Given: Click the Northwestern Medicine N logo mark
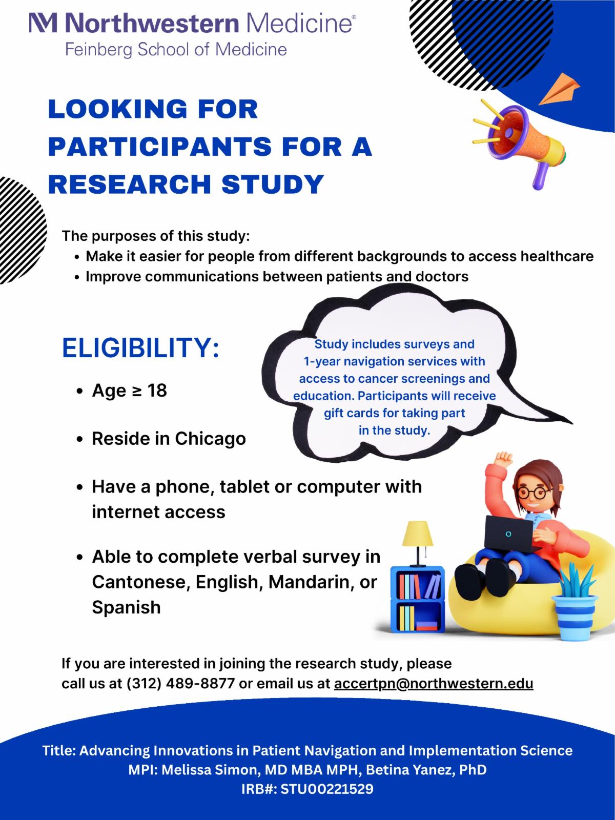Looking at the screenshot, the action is coord(44,23).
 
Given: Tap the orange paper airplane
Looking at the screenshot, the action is coord(559,90).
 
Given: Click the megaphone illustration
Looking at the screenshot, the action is coord(520,144).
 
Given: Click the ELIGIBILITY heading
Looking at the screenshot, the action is coord(140,348).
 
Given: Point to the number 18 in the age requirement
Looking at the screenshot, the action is coord(157,391).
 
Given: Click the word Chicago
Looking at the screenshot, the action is coord(210,439).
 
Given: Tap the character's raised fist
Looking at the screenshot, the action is coord(503,459).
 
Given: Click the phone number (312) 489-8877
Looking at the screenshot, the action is coord(181,683).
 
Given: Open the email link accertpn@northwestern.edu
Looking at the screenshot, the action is coord(434,683).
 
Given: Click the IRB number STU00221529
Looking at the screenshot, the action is coord(327,789).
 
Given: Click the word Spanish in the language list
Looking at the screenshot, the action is coord(126,607).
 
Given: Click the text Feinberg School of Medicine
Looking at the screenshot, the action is coord(176,50).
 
